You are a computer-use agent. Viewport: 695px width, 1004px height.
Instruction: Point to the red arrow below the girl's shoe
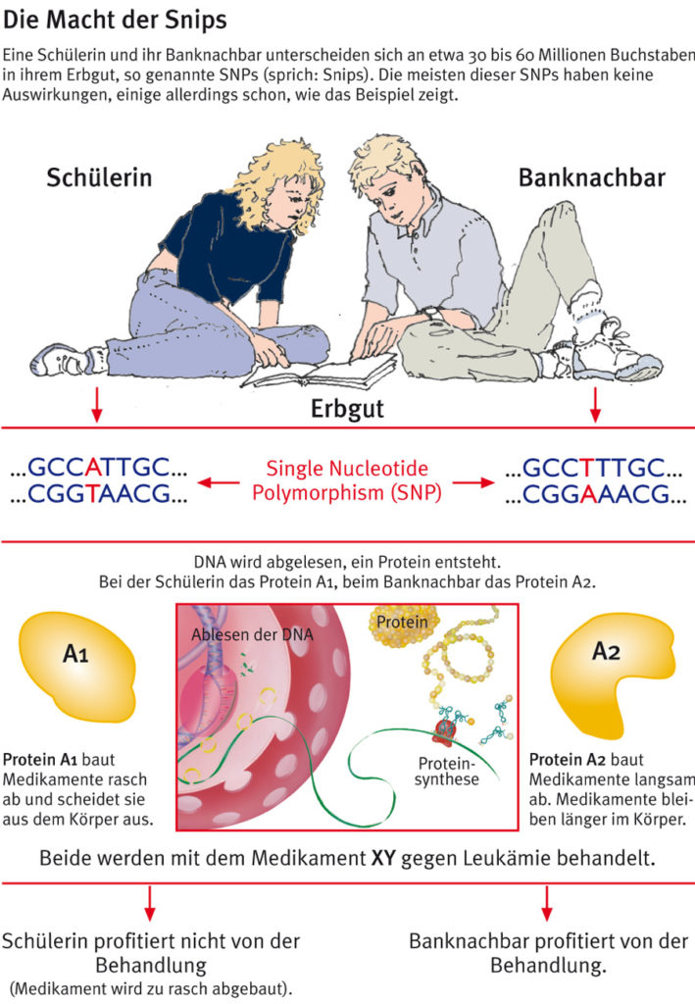tap(96, 405)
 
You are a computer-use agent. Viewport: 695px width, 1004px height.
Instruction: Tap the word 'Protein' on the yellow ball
tap(401, 623)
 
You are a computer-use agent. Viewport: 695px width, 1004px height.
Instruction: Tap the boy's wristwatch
tap(429, 313)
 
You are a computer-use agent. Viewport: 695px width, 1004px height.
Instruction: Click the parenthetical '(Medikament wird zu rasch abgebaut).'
tap(150, 985)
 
